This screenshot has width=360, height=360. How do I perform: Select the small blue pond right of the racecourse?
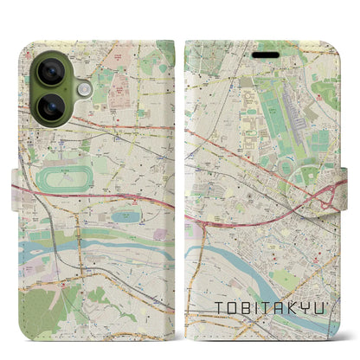pos(123,216)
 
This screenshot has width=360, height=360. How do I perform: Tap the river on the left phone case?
pos(52,253)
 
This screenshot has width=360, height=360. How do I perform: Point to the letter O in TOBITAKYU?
pos(232,308)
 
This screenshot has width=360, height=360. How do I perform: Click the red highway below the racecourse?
pos(130,201)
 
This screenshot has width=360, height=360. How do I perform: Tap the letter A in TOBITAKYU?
pos(279,308)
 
